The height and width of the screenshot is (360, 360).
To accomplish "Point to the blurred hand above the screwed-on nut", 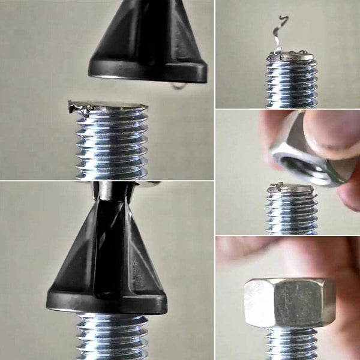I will coord(282,255).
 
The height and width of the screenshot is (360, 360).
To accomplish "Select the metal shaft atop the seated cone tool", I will coord(108,191).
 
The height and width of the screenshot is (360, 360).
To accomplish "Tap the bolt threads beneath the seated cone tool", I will coord(111,336).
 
